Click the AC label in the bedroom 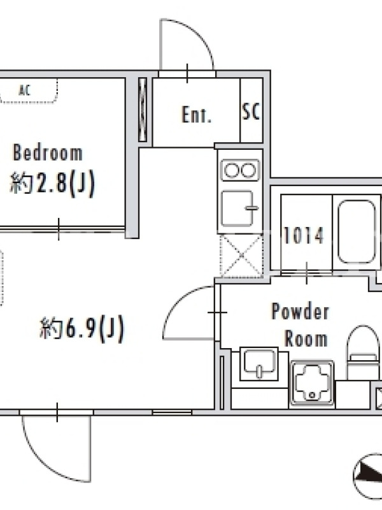pos(25,90)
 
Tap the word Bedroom pos(47,152)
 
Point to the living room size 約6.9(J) pos(82,328)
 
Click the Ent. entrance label pos(196,115)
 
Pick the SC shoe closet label pos(251,112)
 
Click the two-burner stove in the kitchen pos(240,170)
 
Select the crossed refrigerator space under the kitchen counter pos(241,256)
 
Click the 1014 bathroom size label pos(304,235)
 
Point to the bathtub pos(357,231)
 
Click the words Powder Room pos(300,325)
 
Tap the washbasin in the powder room pos(259,363)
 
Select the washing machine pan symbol pos(312,383)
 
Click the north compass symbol pos(369,477)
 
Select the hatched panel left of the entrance pos(143,110)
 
